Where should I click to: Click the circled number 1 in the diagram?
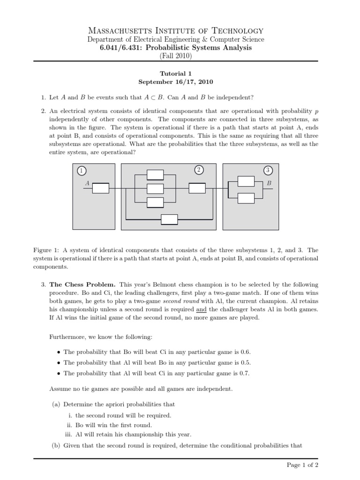coord(82,171)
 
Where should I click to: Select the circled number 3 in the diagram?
coord(267,170)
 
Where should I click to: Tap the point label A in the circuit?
coord(87,183)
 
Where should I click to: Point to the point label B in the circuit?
coord(269,183)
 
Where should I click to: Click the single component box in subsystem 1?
coord(100,188)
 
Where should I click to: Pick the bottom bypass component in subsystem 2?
coord(169,219)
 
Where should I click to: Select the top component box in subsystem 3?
coord(246,181)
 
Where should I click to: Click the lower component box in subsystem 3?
coord(246,198)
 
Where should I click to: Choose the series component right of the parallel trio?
coord(197,188)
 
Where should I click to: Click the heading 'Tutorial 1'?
coord(176,73)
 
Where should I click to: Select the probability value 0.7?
coord(241,373)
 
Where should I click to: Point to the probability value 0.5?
coord(242,362)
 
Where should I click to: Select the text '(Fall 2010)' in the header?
coord(176,56)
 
